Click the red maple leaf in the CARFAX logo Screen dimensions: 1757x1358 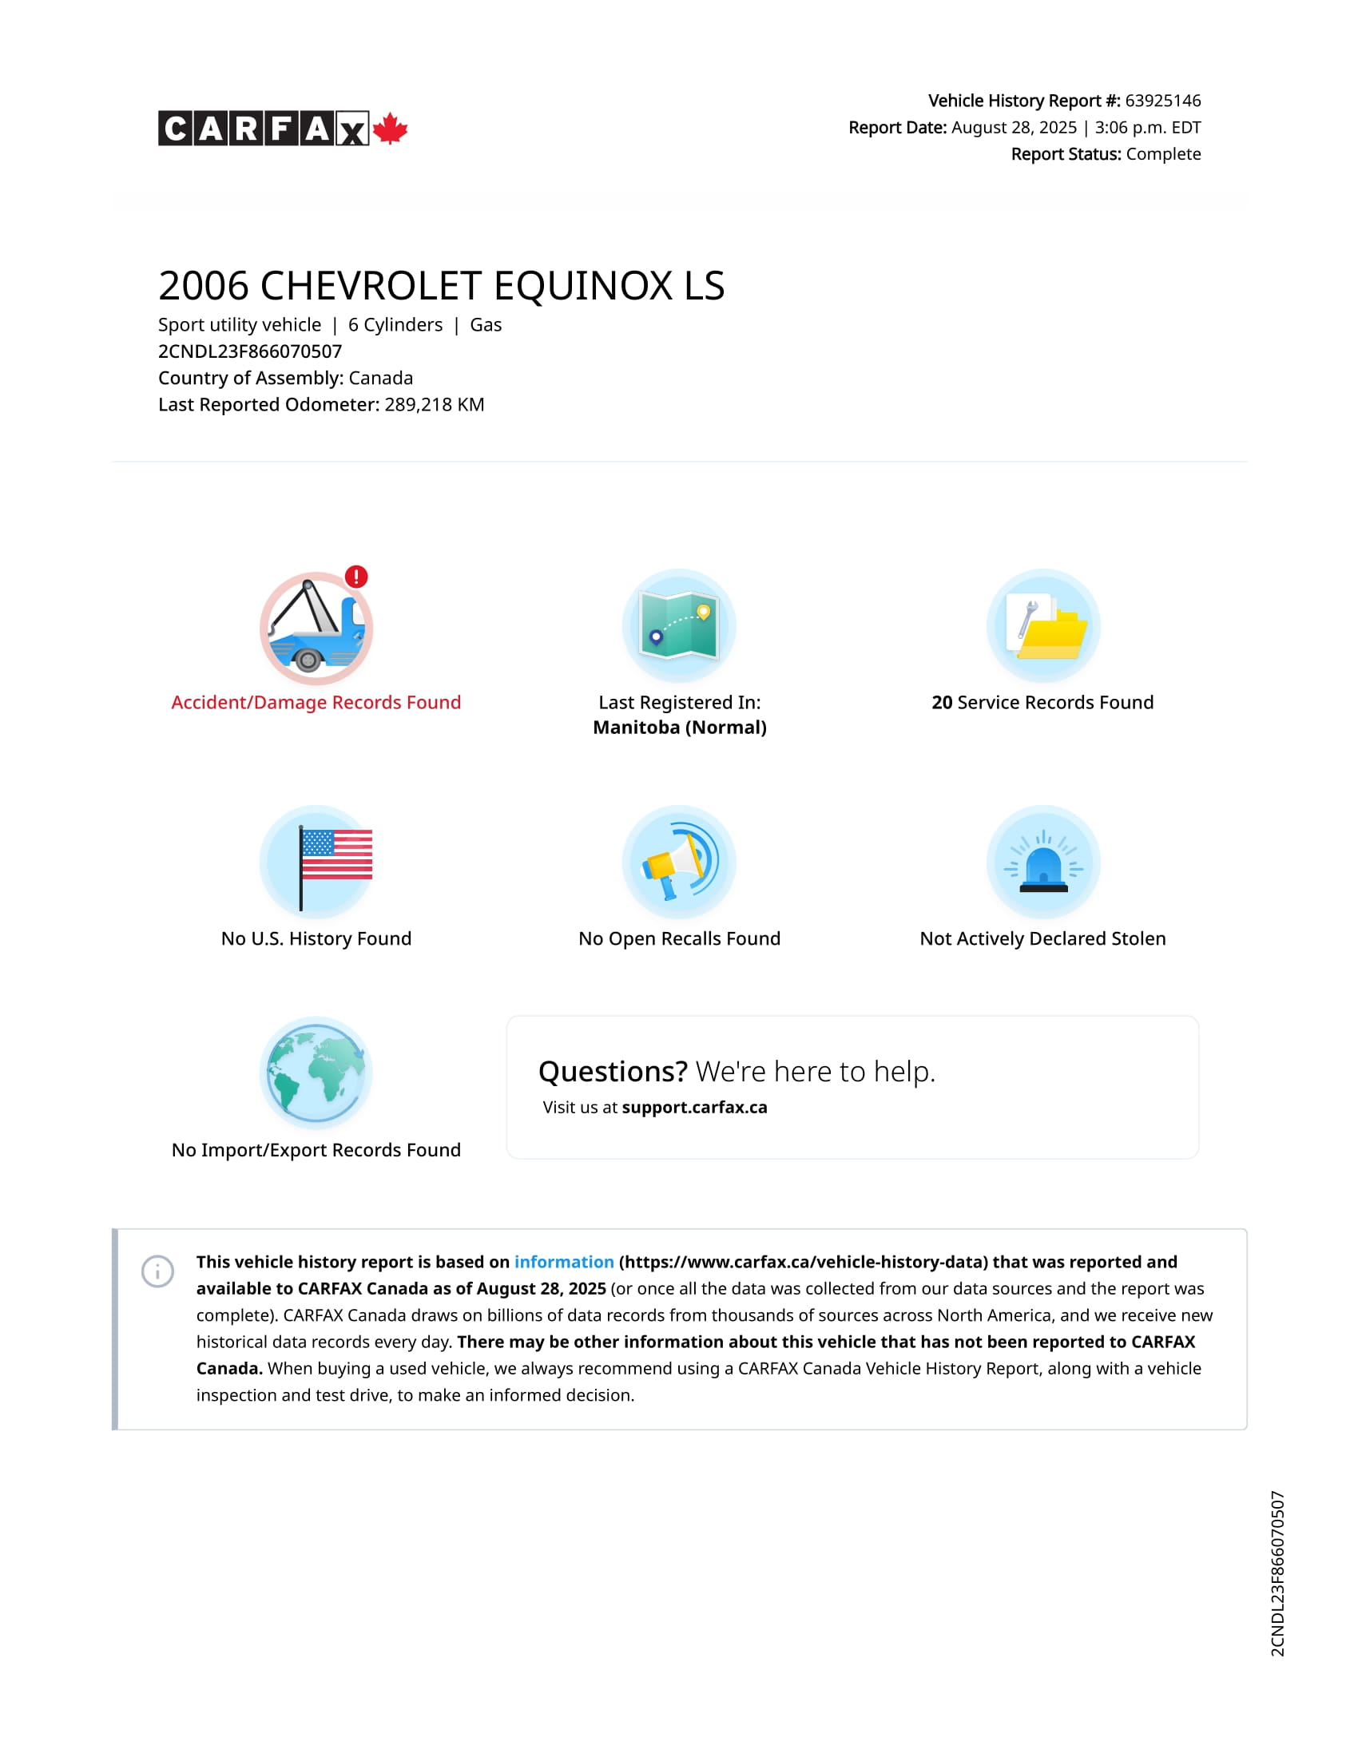390,129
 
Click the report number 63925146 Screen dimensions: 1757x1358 1162,101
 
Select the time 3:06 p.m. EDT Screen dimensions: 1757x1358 1147,127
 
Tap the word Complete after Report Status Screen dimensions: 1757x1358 1163,153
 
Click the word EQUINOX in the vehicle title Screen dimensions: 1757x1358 583,286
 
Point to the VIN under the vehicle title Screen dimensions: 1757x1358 250,351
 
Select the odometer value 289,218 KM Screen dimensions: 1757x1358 435,405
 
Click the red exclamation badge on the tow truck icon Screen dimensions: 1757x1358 356,576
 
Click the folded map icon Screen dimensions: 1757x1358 679,625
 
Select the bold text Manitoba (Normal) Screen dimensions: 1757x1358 680,728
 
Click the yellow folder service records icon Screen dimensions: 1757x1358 1043,625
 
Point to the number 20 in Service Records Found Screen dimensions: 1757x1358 941,702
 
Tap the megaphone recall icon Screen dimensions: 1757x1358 679,862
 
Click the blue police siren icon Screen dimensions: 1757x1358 1043,862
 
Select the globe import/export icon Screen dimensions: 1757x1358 316,1073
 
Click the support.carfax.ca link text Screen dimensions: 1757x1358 694,1107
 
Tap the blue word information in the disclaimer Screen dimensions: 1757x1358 564,1261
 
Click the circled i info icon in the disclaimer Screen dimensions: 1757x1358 157,1271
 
